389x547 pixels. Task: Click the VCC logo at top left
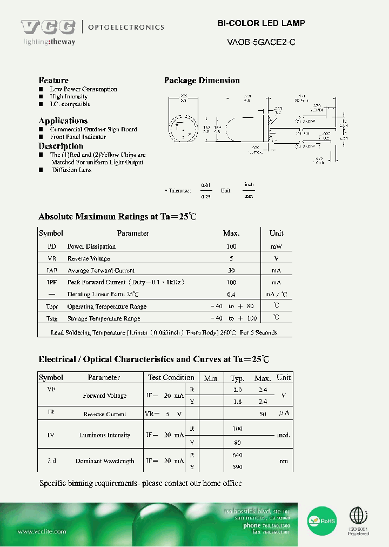click(x=48, y=27)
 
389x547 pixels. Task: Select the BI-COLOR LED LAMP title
click(x=261, y=23)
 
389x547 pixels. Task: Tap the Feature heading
click(x=53, y=81)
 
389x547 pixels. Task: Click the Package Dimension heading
click(x=202, y=81)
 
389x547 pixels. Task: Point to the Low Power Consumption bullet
click(x=83, y=89)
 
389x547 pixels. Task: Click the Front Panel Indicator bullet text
click(x=78, y=137)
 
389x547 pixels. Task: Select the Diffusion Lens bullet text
click(x=72, y=170)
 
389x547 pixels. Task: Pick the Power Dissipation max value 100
click(x=231, y=246)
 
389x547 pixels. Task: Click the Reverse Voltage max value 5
click(x=231, y=258)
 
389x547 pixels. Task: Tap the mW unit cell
click(x=276, y=246)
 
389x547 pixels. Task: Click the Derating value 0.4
click(x=231, y=295)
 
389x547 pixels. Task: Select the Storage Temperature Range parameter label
click(x=104, y=319)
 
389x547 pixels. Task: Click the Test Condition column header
click(x=171, y=377)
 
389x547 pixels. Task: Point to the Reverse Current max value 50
click(x=263, y=414)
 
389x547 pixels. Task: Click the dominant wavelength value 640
click(x=237, y=456)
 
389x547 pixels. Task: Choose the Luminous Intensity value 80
click(x=237, y=443)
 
